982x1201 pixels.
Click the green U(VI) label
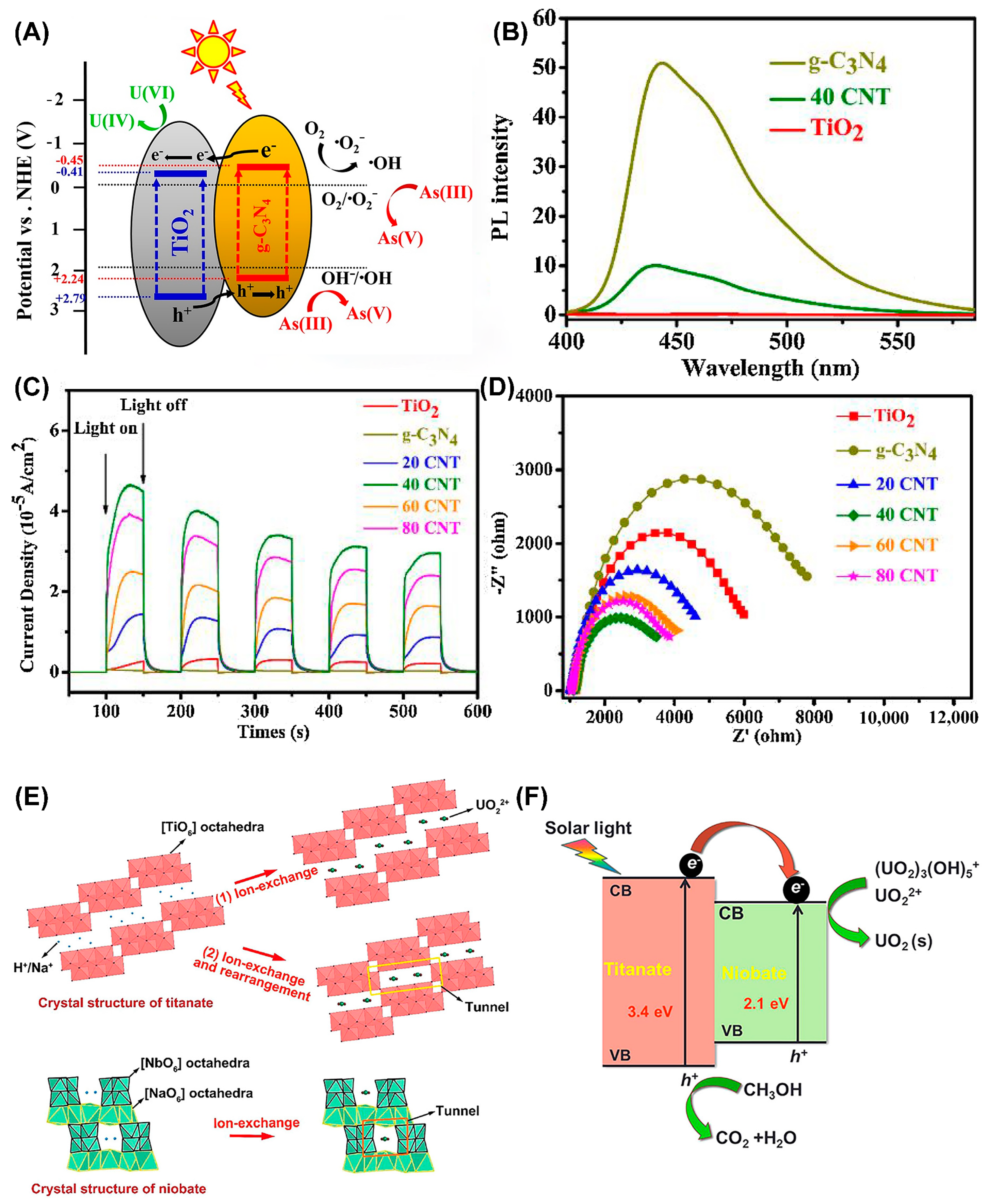(152, 93)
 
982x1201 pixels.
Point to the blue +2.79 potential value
(70, 298)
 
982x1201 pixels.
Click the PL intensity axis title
(501, 177)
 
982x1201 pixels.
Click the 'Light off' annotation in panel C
(153, 405)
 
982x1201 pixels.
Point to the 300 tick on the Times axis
(254, 711)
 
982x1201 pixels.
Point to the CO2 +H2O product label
(756, 1138)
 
